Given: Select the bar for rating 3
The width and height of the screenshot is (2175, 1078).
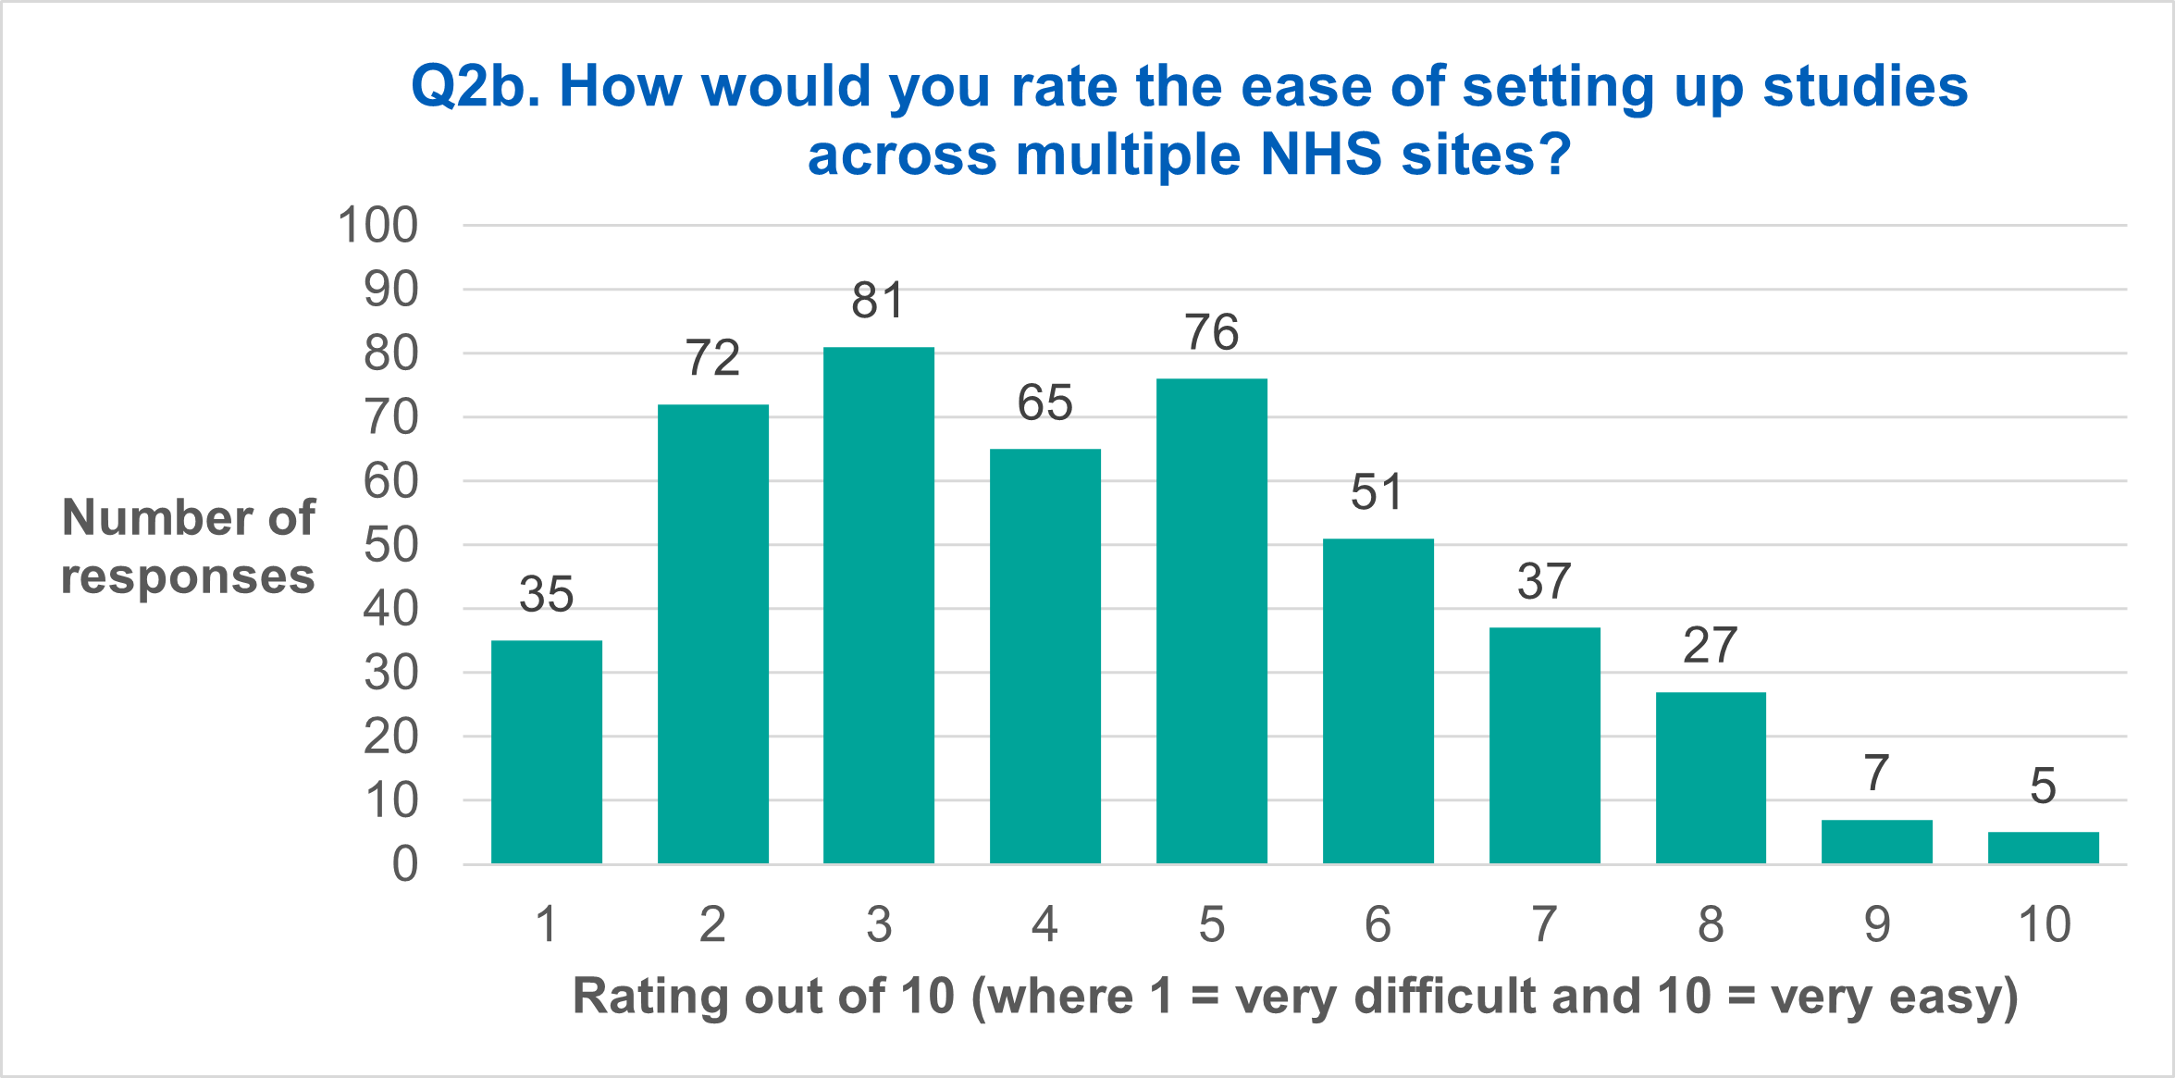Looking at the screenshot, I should pos(878,606).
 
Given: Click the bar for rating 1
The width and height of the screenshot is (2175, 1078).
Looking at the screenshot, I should pos(546,751).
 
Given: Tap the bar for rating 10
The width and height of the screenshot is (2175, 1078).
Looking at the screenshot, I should pos(2043,848).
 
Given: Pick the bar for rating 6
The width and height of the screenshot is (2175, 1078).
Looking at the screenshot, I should pos(1378,700).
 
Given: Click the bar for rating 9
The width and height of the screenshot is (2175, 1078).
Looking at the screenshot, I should pos(1876,841).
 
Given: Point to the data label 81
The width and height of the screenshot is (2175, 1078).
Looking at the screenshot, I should pos(877,301).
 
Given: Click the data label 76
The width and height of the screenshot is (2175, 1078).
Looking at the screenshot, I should pos(1211,332).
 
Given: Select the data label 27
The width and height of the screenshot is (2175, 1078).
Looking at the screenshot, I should pos(1710,645).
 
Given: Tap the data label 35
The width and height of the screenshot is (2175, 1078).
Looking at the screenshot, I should pos(546,594).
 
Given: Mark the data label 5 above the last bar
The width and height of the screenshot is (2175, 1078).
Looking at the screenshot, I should pos(2043,787).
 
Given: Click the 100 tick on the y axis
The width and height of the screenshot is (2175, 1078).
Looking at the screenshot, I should pos(377,226).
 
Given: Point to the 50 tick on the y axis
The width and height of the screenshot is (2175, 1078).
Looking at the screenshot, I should pos(390,546).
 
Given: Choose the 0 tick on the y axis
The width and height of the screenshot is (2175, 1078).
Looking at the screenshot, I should pos(404,865).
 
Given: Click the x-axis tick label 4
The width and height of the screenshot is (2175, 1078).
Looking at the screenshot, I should pos(1044,924).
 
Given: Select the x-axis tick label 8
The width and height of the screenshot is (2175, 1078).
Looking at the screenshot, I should pos(1710,924).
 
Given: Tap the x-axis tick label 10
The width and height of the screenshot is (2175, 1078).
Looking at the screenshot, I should pos(2044,924).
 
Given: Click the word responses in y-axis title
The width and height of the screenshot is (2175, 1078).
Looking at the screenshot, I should pos(188,577).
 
